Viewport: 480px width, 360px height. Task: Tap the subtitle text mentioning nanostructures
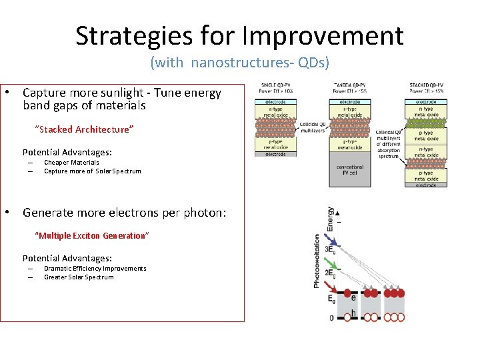coord(239,63)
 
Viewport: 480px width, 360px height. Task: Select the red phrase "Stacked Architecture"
coord(85,129)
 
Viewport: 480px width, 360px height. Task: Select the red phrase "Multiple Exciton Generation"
coord(92,235)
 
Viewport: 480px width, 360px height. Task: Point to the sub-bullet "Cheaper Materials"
coord(71,162)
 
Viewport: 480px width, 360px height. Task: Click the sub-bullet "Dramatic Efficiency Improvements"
coord(95,268)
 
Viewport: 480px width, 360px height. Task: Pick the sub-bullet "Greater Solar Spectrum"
coord(79,277)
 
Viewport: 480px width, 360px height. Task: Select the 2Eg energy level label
coord(330,273)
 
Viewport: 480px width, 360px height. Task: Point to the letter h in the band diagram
coord(353,314)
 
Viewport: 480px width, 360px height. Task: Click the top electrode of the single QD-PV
coord(275,101)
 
